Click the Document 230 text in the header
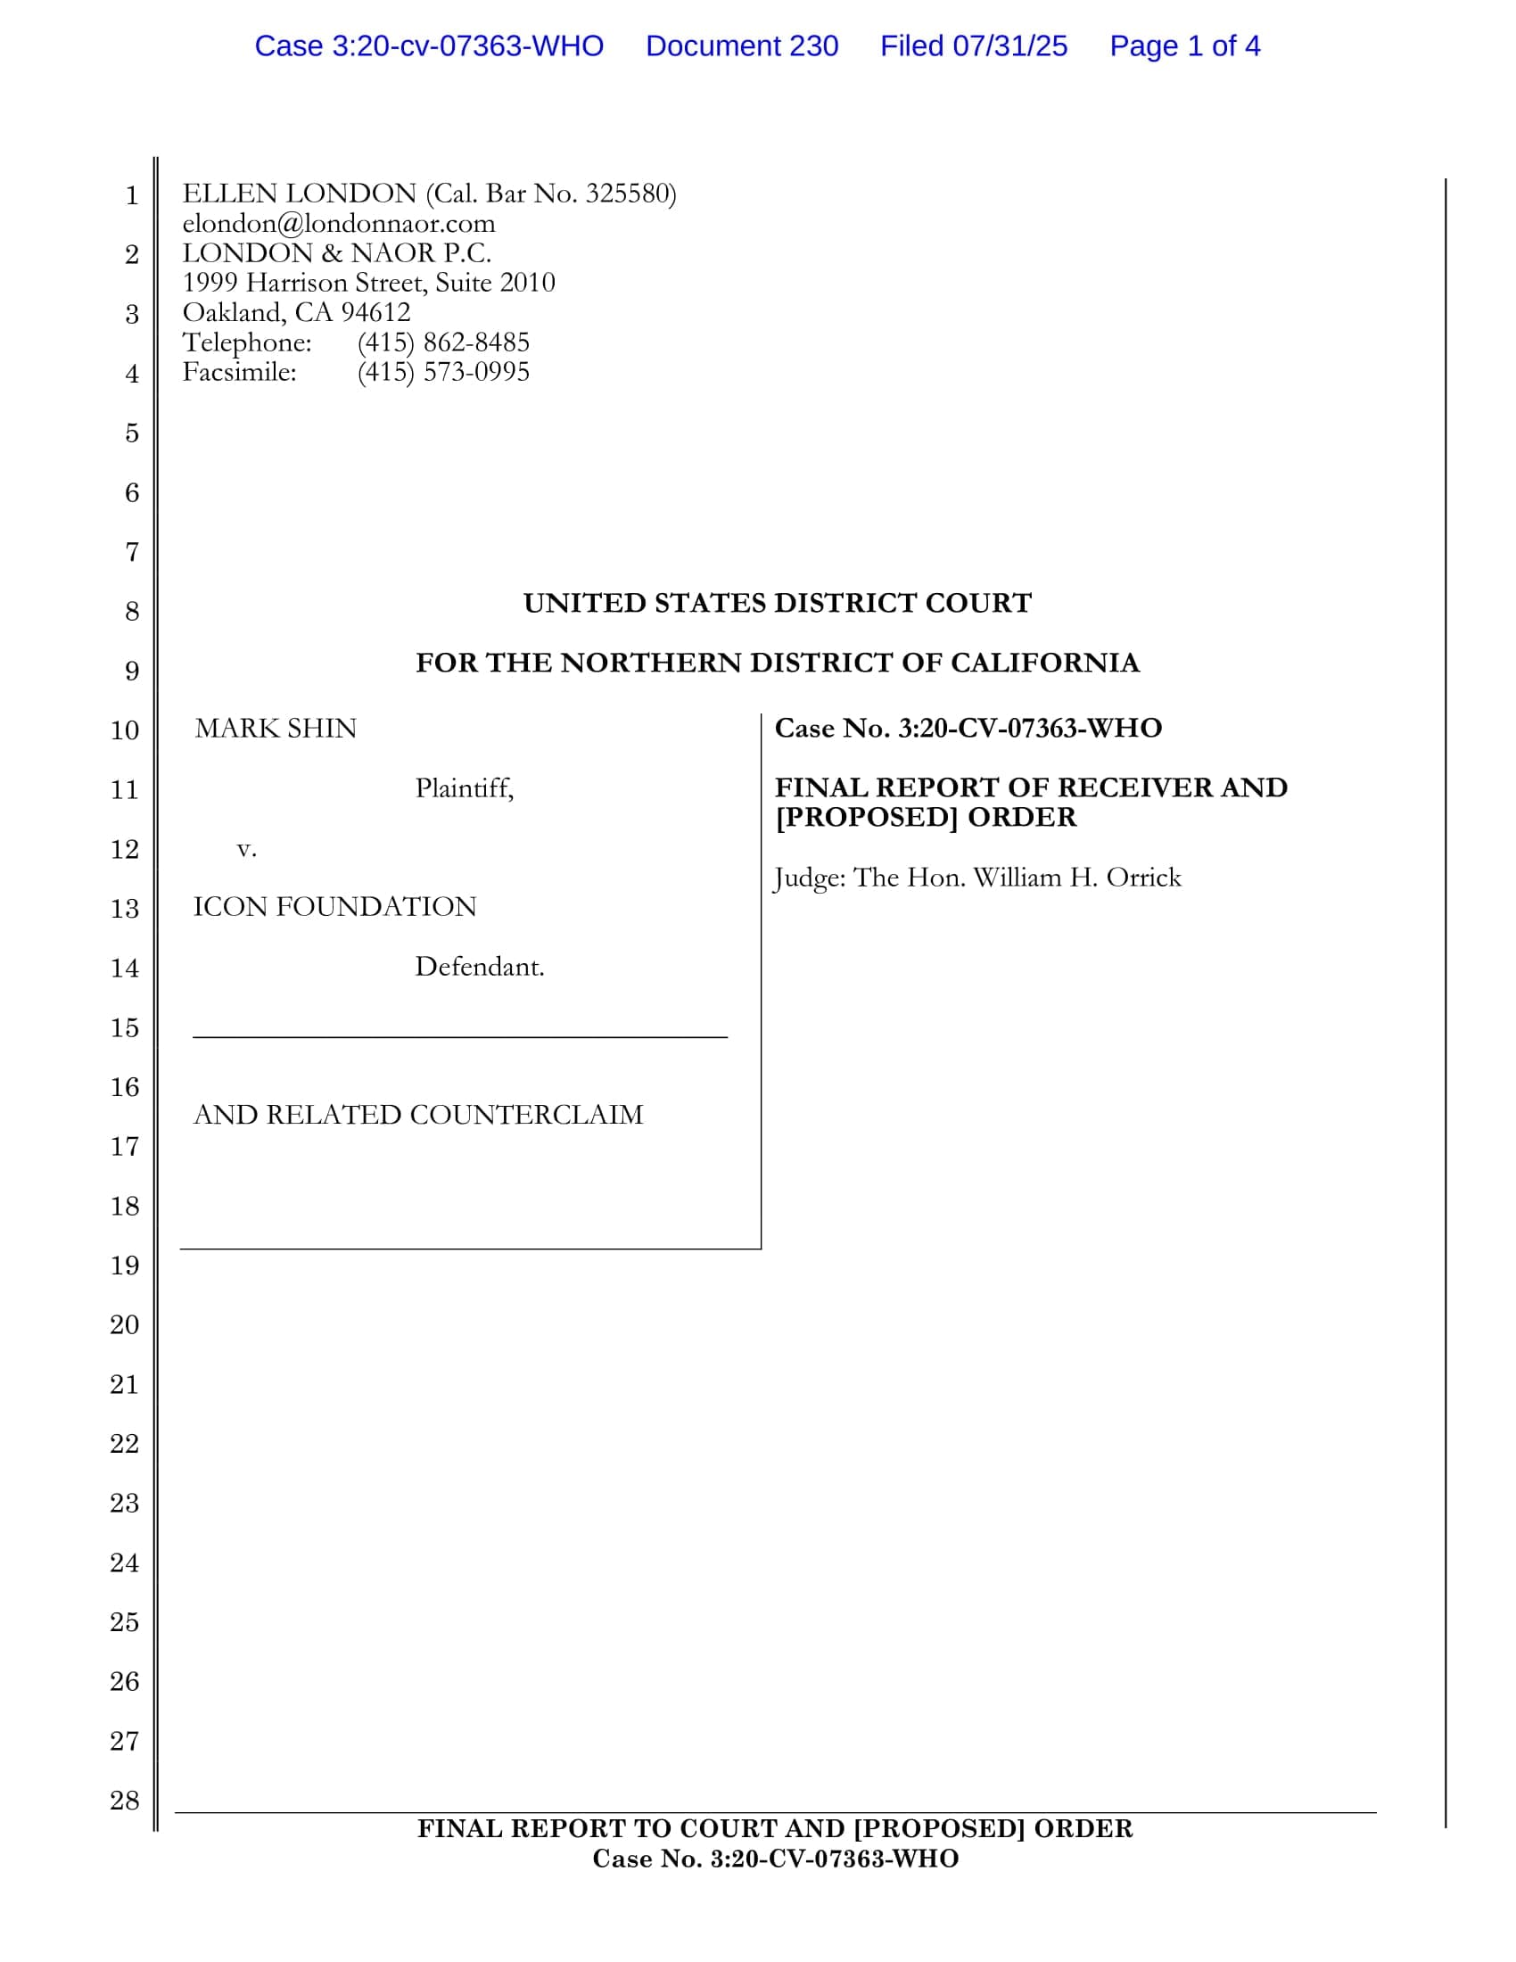pos(742,45)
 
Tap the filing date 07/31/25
pos(1009,45)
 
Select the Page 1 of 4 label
pos(1183,45)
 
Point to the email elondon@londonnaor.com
pos(339,224)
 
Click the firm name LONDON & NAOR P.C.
pos(337,253)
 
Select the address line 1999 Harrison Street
pos(368,283)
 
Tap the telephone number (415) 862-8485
pos(443,342)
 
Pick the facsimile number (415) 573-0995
pos(443,372)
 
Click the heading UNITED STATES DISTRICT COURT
pos(777,603)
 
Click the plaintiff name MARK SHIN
pos(276,728)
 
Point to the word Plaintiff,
pos(464,788)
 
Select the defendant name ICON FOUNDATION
pos(334,906)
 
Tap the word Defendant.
pos(479,967)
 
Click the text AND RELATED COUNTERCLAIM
pos(417,1115)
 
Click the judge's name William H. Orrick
pos(1077,878)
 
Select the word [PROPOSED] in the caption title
pos(867,818)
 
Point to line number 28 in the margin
pos(125,1801)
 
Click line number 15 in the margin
pos(125,1027)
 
